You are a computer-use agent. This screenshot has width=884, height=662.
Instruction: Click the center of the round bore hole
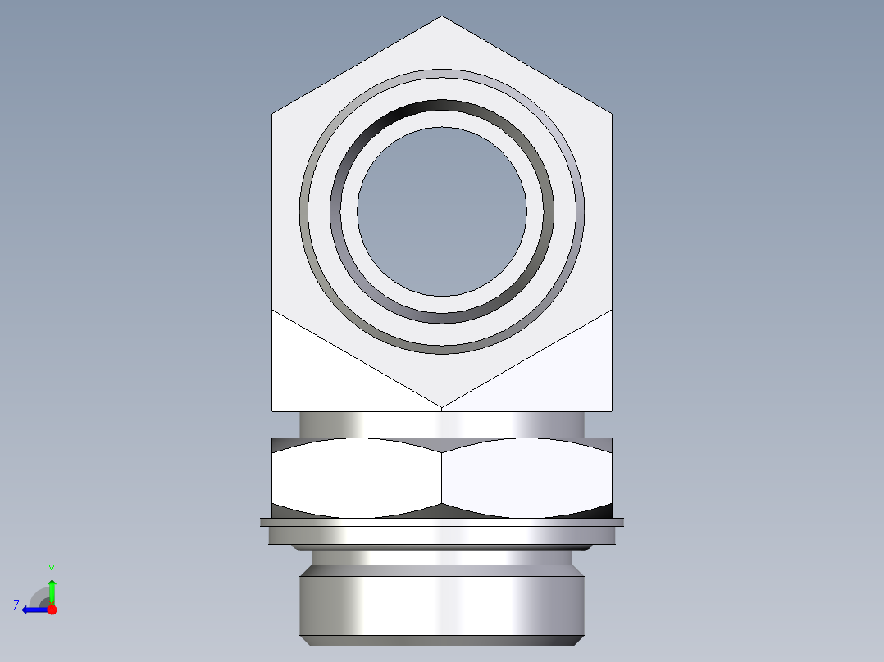[442, 211]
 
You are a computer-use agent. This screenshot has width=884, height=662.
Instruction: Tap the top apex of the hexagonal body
[442, 16]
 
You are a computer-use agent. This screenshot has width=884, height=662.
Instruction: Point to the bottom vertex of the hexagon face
[442, 407]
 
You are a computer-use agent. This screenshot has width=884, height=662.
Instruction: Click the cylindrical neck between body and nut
[442, 424]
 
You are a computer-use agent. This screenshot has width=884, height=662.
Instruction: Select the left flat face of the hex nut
[357, 478]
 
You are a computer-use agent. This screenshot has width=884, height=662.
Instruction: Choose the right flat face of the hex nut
[526, 478]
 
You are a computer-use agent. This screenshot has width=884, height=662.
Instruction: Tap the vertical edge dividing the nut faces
[442, 478]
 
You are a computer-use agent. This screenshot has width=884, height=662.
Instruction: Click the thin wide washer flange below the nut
[442, 522]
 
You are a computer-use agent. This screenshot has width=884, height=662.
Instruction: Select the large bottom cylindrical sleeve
[442, 606]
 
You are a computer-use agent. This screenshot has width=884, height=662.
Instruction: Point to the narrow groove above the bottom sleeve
[442, 558]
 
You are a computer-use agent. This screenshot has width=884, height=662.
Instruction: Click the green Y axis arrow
[52, 588]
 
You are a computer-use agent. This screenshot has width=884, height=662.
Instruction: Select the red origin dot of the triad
[52, 610]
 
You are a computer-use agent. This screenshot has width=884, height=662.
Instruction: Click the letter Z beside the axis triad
[16, 605]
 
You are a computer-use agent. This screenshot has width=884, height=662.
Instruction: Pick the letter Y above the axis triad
[52, 569]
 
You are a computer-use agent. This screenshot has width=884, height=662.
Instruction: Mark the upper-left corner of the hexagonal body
[272, 113]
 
